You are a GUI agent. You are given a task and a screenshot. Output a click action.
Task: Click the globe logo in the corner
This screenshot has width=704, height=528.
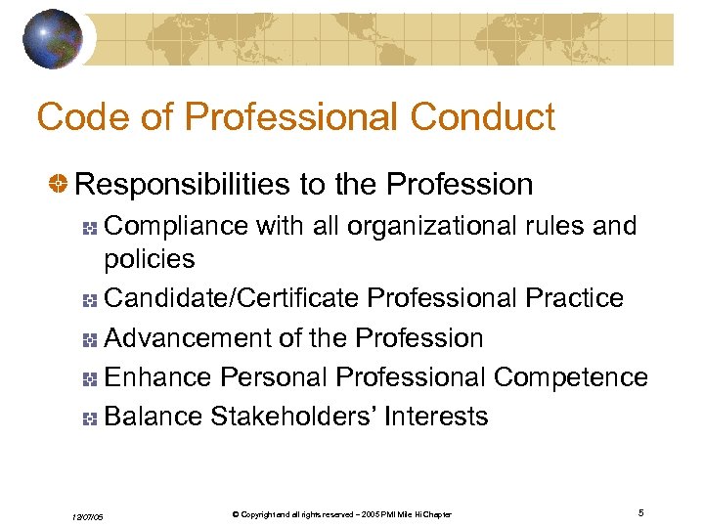tap(53, 38)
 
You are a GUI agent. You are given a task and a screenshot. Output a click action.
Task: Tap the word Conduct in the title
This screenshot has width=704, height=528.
tap(483, 117)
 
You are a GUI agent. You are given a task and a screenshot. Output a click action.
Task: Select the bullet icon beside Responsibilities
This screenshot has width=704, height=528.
tap(61, 185)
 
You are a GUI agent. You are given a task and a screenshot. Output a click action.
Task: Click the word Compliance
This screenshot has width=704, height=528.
tap(176, 226)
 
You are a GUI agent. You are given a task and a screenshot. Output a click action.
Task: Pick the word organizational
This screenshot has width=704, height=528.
tap(420, 226)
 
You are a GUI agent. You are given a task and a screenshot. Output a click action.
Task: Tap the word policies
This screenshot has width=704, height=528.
tap(150, 259)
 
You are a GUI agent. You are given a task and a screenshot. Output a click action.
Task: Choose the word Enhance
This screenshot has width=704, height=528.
tap(158, 376)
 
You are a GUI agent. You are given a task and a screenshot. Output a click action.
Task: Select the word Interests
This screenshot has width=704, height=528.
tap(436, 416)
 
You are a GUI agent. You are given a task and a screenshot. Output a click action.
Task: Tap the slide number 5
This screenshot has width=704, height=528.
tap(640, 513)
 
